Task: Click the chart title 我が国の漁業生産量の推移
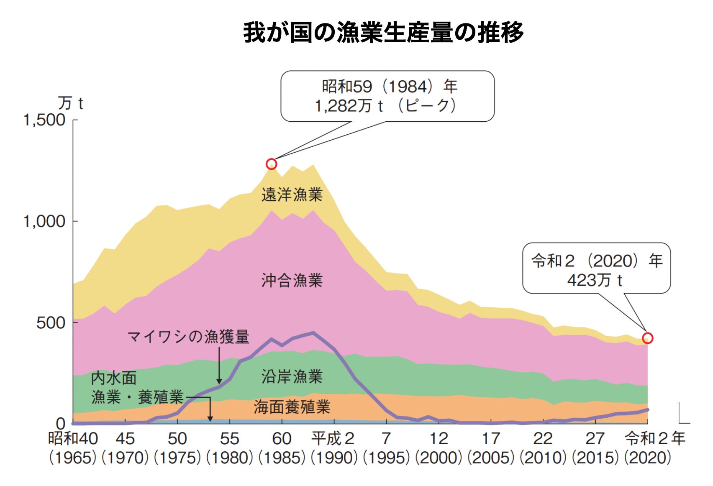tap(383, 33)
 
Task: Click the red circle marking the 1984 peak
tap(272, 164)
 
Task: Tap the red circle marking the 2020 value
tap(647, 338)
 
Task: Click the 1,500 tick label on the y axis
tap(44, 120)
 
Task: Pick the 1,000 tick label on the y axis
tap(44, 221)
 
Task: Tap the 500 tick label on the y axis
tap(51, 323)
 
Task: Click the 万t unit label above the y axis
tap(70, 103)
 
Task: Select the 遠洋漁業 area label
tap(292, 195)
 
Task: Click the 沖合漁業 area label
tap(292, 280)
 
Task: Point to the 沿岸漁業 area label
tap(292, 376)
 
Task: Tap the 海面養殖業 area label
tap(292, 407)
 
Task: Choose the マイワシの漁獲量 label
tap(188, 336)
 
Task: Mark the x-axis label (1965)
tap(73, 458)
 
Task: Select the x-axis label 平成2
tap(333, 439)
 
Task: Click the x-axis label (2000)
tap(439, 458)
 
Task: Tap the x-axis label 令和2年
tap(655, 439)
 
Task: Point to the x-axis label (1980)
tap(229, 458)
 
